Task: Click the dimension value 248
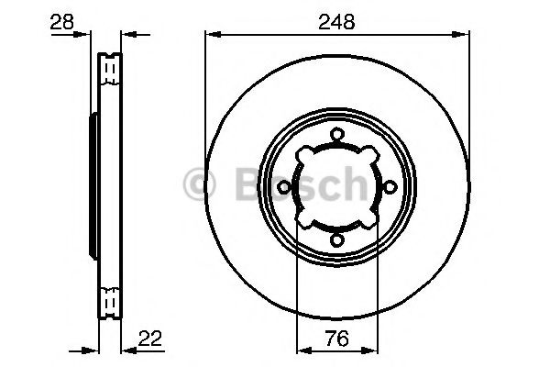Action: pos(336,22)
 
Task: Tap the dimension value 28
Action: pos(62,22)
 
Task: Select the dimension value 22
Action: pos(150,339)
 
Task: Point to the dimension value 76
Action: pos(337,339)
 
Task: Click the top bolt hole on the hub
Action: pos(336,135)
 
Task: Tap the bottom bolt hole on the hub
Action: pos(336,240)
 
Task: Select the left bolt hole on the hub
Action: pos(284,187)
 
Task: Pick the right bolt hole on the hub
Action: pos(390,187)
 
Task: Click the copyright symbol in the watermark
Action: pos(199,184)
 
